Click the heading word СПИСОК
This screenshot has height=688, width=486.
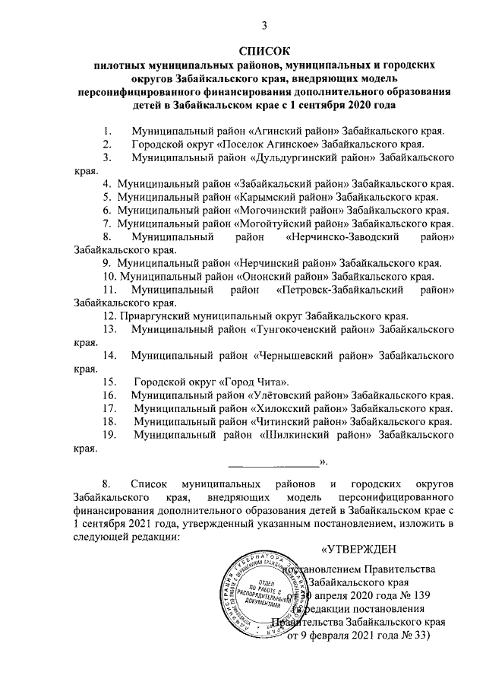[x=264, y=51]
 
